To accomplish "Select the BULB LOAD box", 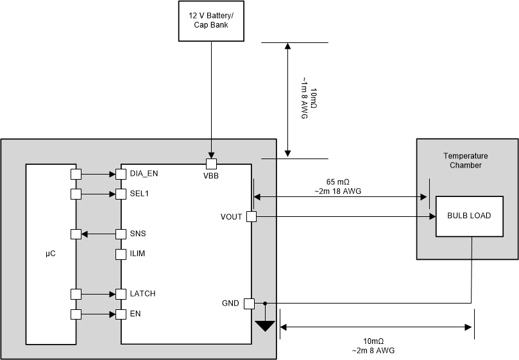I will click(x=469, y=216).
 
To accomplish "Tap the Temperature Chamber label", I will click(x=466, y=160).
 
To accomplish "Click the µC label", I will click(x=51, y=254).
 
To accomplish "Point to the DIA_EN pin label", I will click(x=143, y=174).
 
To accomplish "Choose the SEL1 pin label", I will click(x=140, y=194).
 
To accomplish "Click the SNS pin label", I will click(x=138, y=234).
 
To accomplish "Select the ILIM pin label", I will click(x=137, y=254).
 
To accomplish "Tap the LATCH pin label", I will click(x=142, y=294).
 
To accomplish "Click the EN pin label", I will click(x=135, y=314).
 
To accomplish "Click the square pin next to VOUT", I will click(x=251, y=217).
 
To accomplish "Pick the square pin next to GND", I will click(x=250, y=304).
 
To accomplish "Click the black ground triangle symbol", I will click(x=264, y=325).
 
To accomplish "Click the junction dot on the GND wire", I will click(x=264, y=304).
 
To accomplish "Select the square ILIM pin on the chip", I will click(x=120, y=254).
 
